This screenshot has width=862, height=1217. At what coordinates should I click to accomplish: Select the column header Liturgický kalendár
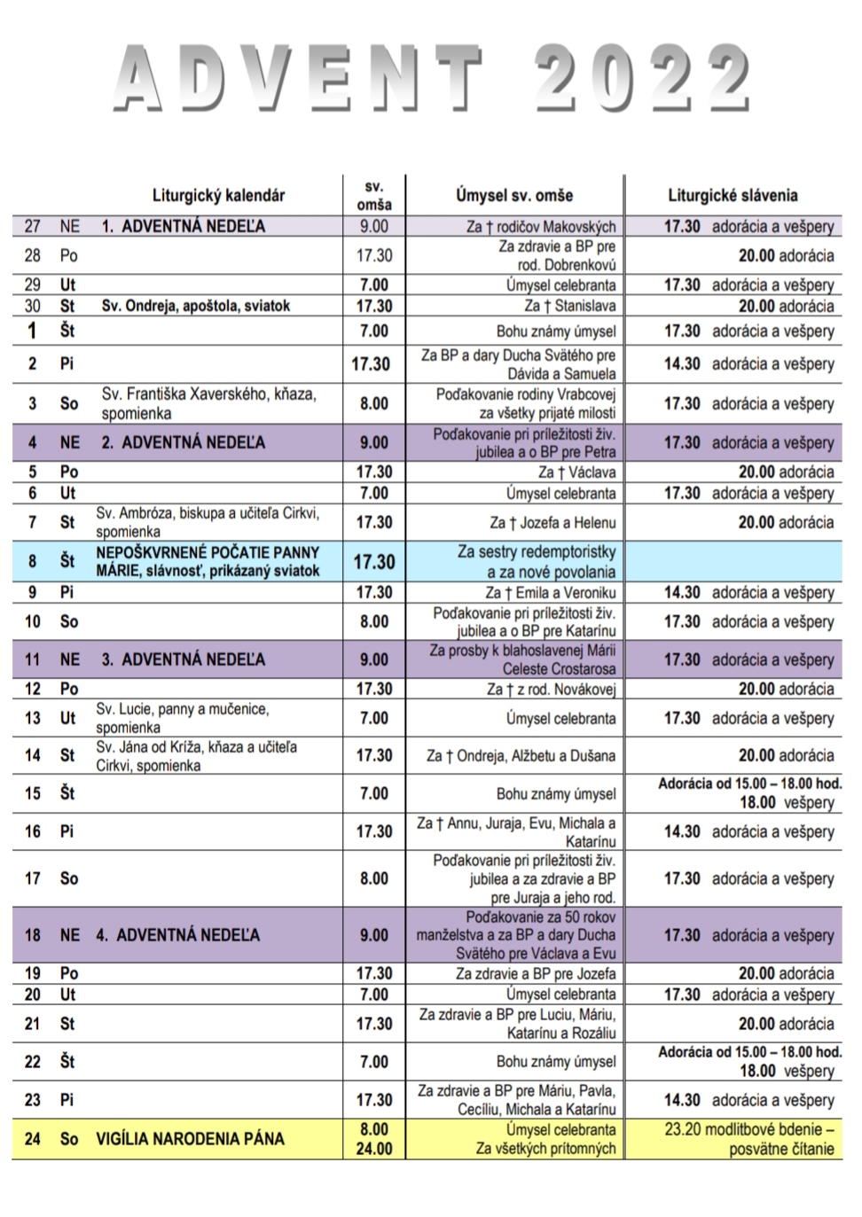click(218, 195)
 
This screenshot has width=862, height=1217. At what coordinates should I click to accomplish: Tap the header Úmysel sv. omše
click(514, 195)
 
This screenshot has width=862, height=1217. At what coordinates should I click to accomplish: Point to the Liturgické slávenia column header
click(733, 195)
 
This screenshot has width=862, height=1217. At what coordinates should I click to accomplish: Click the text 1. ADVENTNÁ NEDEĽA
click(183, 226)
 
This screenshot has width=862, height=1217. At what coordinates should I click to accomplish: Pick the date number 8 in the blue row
click(33, 562)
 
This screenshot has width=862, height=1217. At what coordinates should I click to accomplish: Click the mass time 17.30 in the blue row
click(374, 562)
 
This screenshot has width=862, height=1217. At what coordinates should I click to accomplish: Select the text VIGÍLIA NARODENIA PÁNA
click(190, 1139)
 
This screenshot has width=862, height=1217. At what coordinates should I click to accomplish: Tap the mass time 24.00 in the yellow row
click(374, 1149)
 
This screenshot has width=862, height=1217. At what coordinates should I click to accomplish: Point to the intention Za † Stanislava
click(569, 306)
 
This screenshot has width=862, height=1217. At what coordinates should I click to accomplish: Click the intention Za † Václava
click(576, 472)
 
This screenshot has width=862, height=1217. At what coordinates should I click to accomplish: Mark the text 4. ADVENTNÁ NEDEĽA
click(178, 935)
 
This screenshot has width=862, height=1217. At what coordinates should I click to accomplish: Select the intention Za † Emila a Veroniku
click(550, 592)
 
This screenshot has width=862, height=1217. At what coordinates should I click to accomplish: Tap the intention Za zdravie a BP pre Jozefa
click(536, 973)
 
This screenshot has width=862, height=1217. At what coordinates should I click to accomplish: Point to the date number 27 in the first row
click(33, 226)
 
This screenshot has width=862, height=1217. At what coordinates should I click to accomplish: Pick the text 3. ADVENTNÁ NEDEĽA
click(183, 659)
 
